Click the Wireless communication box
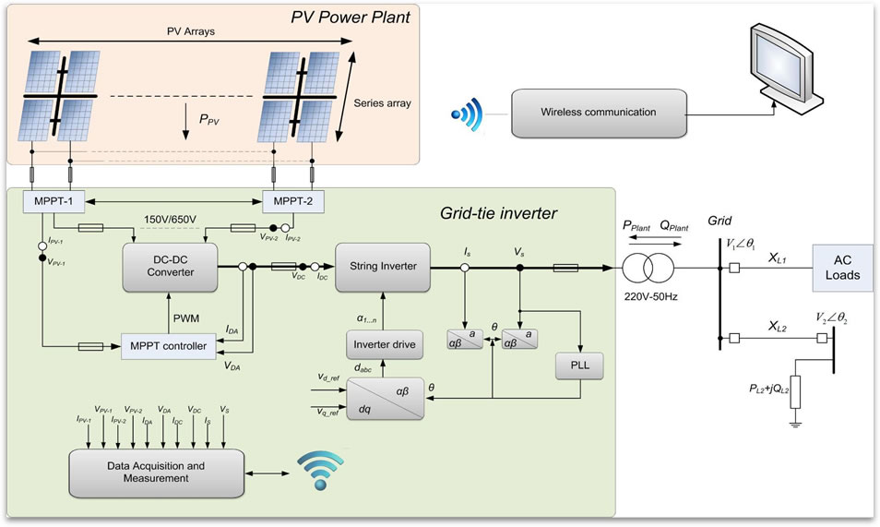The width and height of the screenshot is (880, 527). [x=600, y=113]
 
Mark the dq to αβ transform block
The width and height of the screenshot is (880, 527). [x=385, y=398]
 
